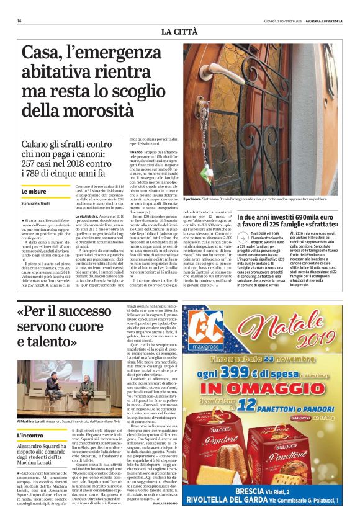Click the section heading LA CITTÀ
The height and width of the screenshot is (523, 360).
coord(181,31)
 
